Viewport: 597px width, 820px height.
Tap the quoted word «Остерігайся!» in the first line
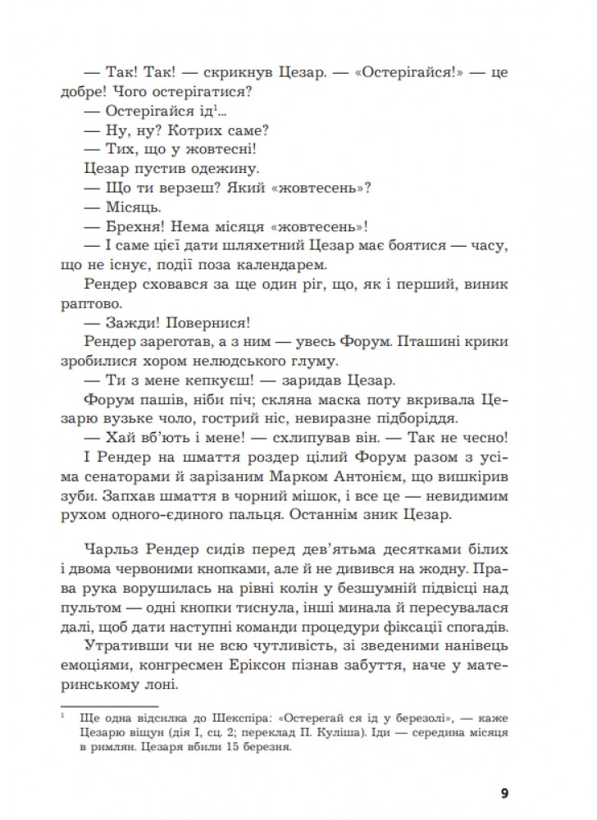[x=387, y=72]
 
